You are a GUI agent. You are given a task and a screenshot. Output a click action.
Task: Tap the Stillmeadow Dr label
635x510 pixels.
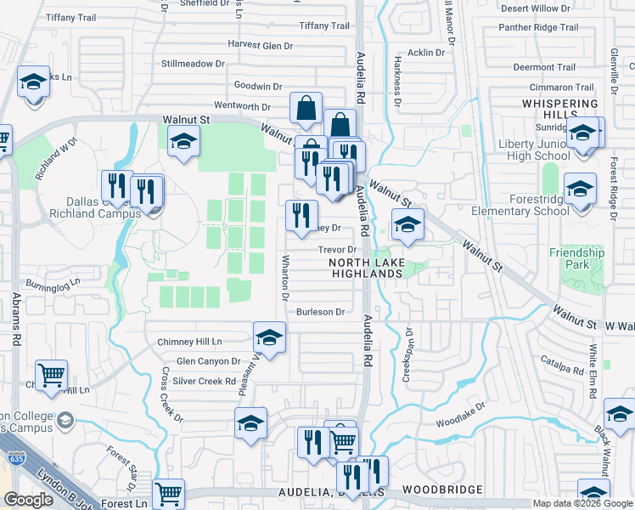(193, 64)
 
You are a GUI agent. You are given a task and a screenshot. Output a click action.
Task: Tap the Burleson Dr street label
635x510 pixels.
(320, 312)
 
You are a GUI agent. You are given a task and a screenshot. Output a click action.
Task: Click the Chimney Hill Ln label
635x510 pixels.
(189, 342)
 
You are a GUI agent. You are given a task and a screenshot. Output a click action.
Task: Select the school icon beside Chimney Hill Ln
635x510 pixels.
(269, 338)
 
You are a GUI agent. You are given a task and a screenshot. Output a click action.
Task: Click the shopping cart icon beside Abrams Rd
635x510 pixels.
(52, 374)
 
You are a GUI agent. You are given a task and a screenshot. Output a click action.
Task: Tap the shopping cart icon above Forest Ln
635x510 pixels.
(169, 493)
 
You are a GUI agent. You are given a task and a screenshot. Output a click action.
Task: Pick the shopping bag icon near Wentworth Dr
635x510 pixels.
(306, 108)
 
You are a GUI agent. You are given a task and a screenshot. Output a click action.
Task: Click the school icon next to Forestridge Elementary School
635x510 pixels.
(580, 189)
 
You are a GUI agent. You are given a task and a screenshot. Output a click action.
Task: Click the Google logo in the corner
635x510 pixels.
(28, 500)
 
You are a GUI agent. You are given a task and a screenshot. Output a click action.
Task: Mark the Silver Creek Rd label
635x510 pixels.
(204, 382)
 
